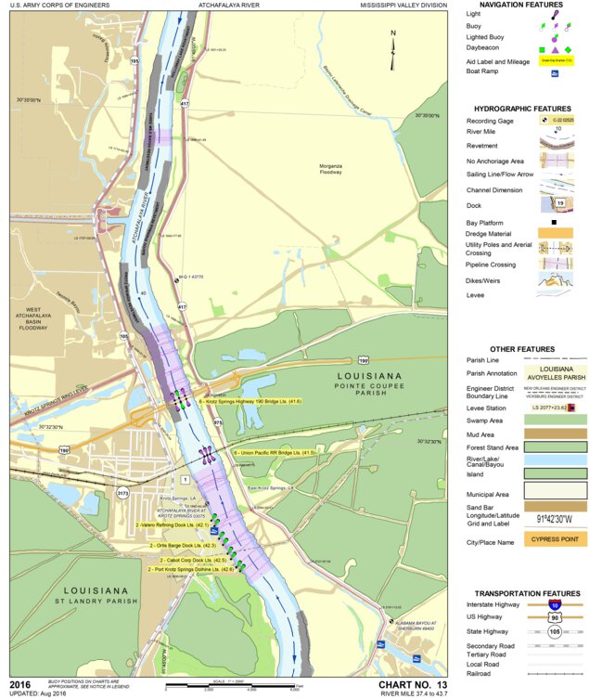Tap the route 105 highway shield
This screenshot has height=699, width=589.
coord(136,60)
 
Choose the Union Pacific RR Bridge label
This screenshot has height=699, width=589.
coord(275,452)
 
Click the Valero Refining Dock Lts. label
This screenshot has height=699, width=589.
coord(171,524)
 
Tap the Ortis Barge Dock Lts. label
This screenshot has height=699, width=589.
coord(182,545)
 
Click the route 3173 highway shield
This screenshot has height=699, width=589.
coord(122,493)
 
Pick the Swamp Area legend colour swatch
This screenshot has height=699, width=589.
coord(555,420)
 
